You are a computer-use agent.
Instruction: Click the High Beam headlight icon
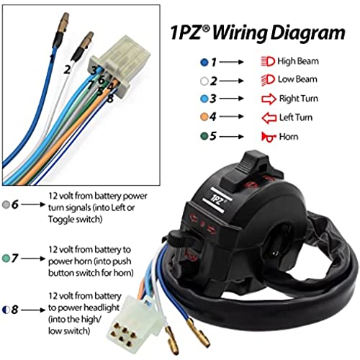click(x=268, y=61)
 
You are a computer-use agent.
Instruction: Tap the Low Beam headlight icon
click(x=268, y=80)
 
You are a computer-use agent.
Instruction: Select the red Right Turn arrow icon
click(x=269, y=99)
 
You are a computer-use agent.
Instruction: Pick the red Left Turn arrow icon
click(x=269, y=118)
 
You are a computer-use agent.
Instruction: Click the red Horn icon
click(x=268, y=137)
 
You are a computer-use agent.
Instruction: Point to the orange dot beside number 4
click(x=204, y=117)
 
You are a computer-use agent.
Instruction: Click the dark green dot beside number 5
click(x=204, y=136)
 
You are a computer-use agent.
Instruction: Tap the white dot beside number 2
click(x=204, y=81)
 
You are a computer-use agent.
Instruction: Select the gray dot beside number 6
click(x=6, y=204)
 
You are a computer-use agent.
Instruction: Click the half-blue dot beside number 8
click(x=6, y=310)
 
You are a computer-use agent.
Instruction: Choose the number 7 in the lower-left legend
click(x=14, y=258)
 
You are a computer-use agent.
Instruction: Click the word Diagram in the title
click(x=308, y=33)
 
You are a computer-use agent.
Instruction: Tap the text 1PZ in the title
click(x=186, y=32)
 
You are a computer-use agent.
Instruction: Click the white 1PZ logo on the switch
click(x=217, y=200)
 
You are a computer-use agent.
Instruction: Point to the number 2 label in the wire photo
click(x=67, y=70)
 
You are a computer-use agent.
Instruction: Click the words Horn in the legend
click(x=289, y=137)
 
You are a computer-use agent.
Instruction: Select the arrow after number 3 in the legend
click(x=231, y=99)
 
